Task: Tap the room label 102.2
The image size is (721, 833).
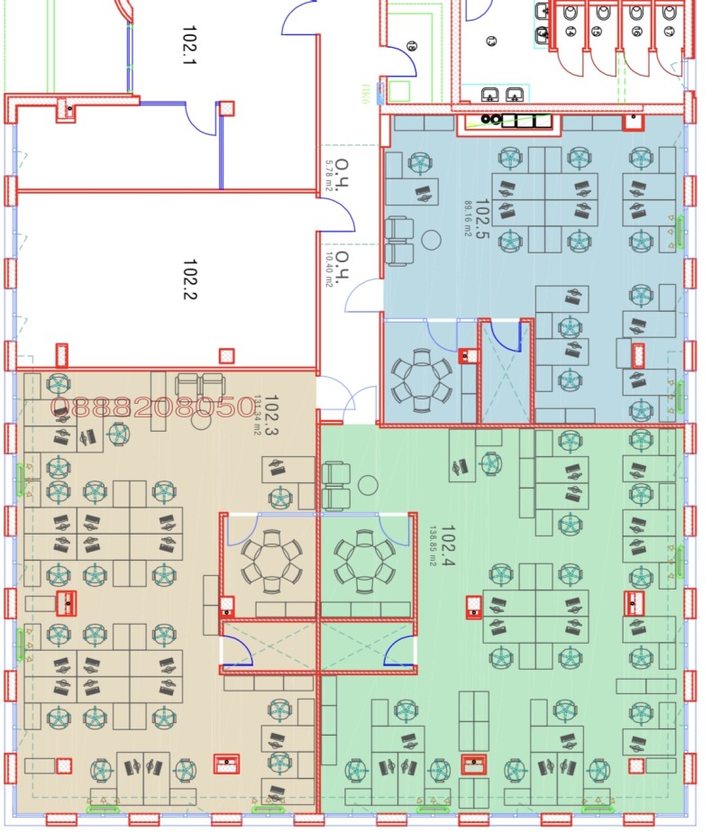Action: [189, 279]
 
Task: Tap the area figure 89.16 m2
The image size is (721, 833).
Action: [468, 218]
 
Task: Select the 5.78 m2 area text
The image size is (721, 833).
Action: [330, 176]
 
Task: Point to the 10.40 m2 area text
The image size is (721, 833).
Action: [330, 269]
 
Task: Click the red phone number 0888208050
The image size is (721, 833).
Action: [153, 407]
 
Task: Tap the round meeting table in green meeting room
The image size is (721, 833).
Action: [364, 560]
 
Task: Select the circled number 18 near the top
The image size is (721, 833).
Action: [412, 45]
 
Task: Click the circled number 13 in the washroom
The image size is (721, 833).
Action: [492, 41]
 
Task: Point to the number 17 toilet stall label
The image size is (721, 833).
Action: [669, 32]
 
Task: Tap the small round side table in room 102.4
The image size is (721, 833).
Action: [368, 485]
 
